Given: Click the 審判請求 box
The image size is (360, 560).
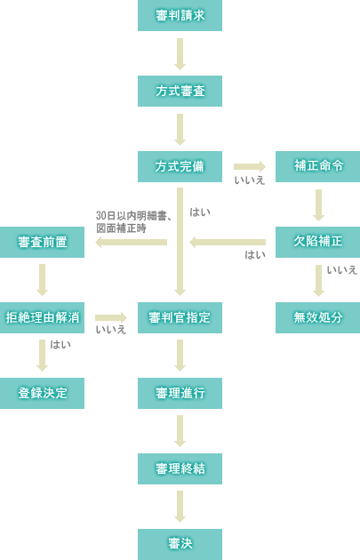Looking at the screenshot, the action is (180, 15).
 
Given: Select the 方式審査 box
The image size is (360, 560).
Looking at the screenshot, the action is (180, 91).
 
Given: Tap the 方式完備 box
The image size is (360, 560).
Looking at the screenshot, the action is (180, 166).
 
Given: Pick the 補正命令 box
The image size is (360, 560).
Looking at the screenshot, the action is (318, 166).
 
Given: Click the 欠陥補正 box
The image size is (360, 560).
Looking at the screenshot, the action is (318, 242).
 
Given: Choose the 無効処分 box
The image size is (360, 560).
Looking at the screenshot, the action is (318, 317).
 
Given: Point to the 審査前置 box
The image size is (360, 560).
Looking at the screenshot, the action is (42, 242).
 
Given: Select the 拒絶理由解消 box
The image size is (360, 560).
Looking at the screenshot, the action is (42, 317).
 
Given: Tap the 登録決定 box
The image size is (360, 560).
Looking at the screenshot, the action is (42, 393).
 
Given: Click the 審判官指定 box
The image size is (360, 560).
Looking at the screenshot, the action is (180, 317).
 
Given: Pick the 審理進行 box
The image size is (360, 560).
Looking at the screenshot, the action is (180, 393).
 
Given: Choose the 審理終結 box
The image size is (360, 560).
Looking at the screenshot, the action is (180, 468).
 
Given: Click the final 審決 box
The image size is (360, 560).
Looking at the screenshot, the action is (180, 544).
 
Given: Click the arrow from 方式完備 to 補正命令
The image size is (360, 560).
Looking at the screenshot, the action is (250, 166).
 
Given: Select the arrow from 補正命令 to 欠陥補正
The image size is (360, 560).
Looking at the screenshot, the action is (318, 205).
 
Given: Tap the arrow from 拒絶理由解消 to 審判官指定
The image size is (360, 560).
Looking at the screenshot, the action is (111, 317).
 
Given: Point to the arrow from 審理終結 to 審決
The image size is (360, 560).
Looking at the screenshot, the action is (180, 507).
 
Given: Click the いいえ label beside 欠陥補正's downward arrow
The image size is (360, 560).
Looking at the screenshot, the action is (342, 270).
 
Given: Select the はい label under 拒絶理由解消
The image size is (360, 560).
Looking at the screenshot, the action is (60, 345).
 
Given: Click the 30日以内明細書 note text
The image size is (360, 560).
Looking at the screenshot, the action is (134, 216).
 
